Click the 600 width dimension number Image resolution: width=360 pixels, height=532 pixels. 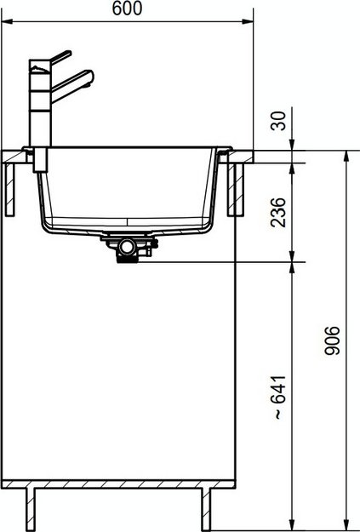click(x=127, y=9)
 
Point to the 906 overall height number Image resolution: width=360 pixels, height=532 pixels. click(x=334, y=340)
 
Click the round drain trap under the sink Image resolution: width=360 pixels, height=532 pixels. click(x=128, y=246)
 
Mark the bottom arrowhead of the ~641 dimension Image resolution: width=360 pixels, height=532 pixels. click(x=292, y=521)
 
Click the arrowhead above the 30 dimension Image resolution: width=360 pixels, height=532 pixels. click(x=292, y=145)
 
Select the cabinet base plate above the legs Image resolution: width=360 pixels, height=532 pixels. click(x=119, y=485)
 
